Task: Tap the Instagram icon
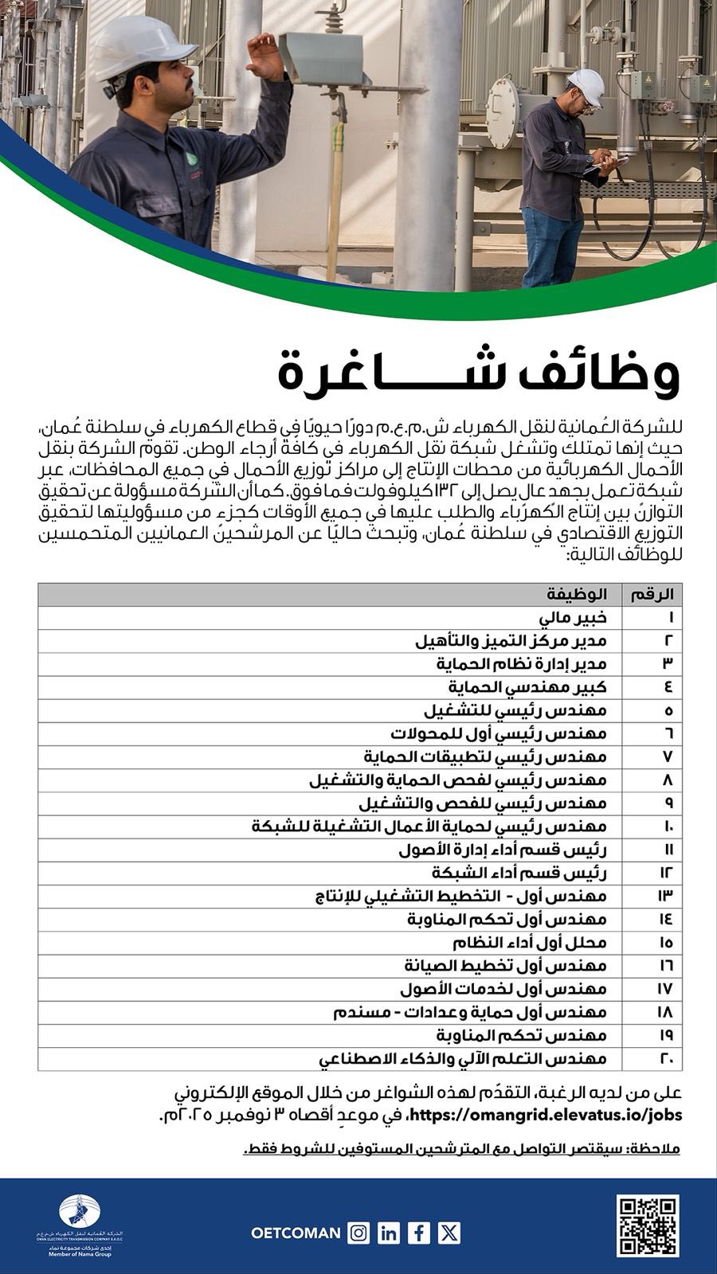[x=359, y=1233]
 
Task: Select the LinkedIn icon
[x=390, y=1233]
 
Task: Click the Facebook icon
[x=419, y=1233]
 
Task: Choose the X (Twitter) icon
[x=449, y=1233]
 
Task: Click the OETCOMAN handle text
[x=295, y=1233]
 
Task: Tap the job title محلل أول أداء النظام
[x=531, y=943]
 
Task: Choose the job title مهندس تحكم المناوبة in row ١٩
[x=522, y=1035]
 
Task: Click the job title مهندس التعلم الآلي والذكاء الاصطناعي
[x=463, y=1059]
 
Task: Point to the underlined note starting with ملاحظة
[x=461, y=1149]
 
